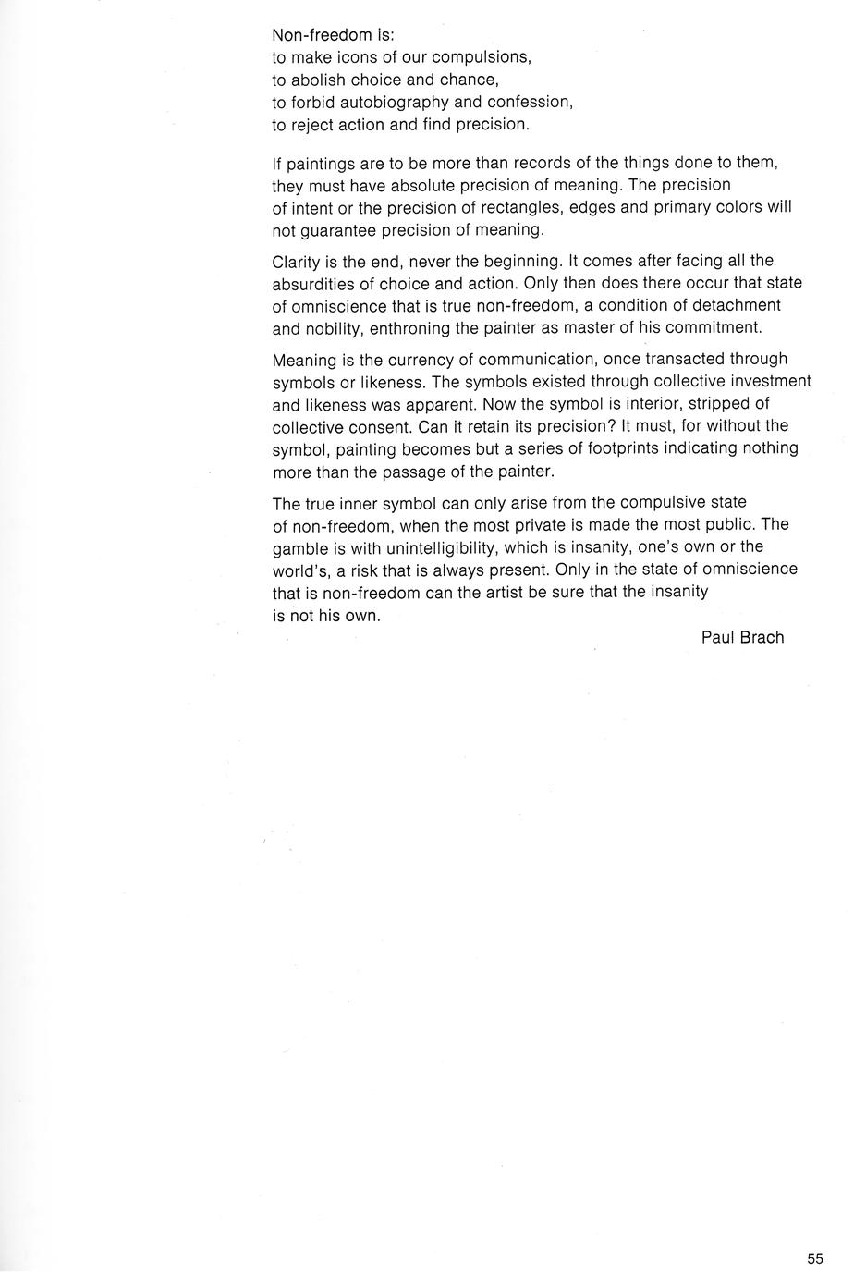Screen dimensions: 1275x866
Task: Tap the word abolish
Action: [319, 80]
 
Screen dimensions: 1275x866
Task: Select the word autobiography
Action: [395, 102]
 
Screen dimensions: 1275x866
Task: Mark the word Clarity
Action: [297, 261]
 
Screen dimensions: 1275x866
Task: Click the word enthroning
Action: [409, 327]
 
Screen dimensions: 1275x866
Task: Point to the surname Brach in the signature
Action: [762, 637]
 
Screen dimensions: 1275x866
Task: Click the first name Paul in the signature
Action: [718, 637]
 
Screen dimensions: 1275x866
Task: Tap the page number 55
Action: [814, 1258]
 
